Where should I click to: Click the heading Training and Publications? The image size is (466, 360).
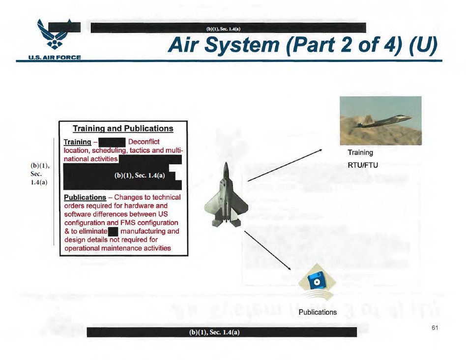123,129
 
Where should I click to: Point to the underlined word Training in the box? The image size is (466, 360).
77,142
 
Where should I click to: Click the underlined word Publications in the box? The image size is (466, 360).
85,197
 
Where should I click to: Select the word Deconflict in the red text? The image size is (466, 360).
144,142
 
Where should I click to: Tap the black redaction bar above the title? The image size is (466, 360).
229,28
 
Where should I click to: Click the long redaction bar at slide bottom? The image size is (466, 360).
222,332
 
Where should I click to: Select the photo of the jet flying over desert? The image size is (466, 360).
380,121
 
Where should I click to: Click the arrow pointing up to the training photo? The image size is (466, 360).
285,164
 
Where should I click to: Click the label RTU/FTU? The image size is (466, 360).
363,165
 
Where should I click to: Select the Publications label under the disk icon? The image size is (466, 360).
318,312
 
